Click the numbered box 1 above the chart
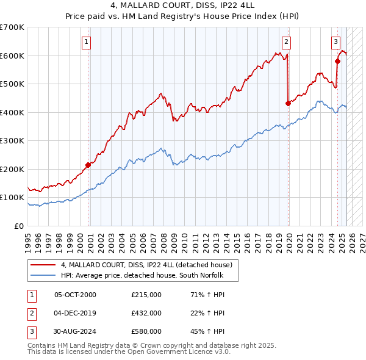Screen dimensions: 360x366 (87, 42)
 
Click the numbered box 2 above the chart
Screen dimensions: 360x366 (286, 42)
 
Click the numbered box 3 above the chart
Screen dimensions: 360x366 (335, 42)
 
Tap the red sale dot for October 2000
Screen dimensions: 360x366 (88, 165)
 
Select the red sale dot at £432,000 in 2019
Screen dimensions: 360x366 (288, 103)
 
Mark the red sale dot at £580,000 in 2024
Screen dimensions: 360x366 (337, 61)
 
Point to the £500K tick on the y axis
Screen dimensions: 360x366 (13, 84)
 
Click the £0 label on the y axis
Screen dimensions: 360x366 (20, 226)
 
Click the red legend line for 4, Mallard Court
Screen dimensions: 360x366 (43, 265)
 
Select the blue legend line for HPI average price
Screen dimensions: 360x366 (43, 275)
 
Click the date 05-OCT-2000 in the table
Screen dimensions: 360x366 (75, 294)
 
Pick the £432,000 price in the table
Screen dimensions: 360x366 (146, 313)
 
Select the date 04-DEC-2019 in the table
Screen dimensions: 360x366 (75, 313)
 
